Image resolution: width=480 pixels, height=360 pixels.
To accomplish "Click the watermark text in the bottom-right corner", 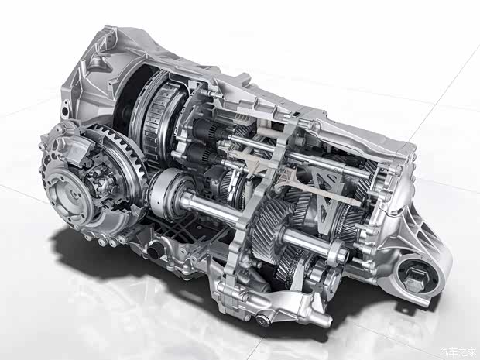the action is click(458, 351).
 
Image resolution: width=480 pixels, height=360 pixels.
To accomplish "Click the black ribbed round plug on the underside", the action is click(155, 250).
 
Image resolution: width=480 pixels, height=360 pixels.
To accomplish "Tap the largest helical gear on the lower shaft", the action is click(268, 227).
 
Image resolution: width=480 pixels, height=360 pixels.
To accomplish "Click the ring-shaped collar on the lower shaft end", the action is click(338, 250).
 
